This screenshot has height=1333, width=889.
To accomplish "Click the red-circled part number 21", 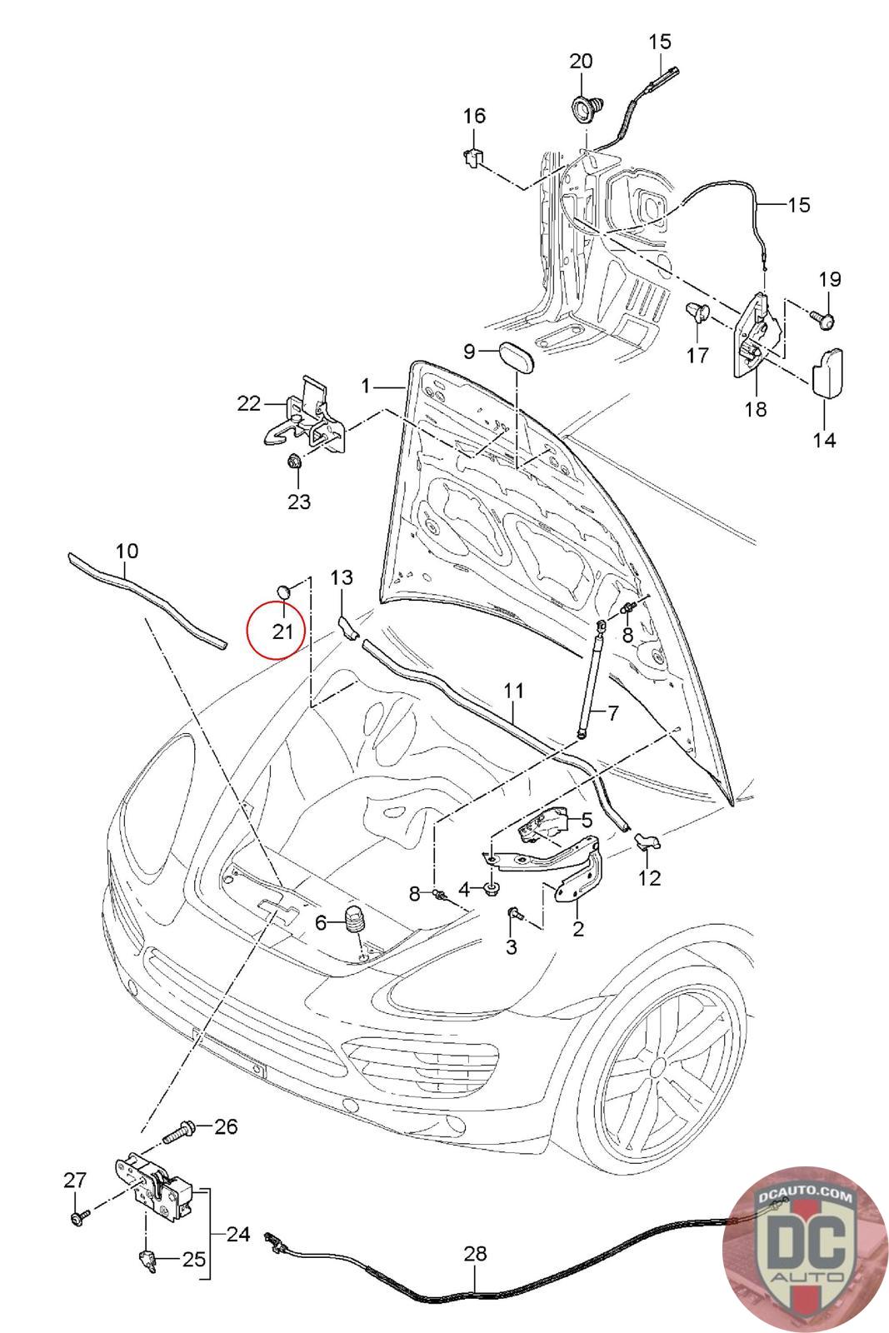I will click(x=282, y=631).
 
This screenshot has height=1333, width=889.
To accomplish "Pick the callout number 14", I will click(x=824, y=439).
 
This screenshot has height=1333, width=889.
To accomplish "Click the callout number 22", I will click(x=249, y=403).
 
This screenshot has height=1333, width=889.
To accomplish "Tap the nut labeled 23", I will click(x=294, y=462).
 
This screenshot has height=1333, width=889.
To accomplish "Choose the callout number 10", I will click(x=127, y=551).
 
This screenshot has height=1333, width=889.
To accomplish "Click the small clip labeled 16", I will click(x=472, y=156).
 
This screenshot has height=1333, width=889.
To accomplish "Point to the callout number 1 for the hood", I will click(x=365, y=386).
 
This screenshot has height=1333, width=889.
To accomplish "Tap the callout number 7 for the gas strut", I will click(x=613, y=713).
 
